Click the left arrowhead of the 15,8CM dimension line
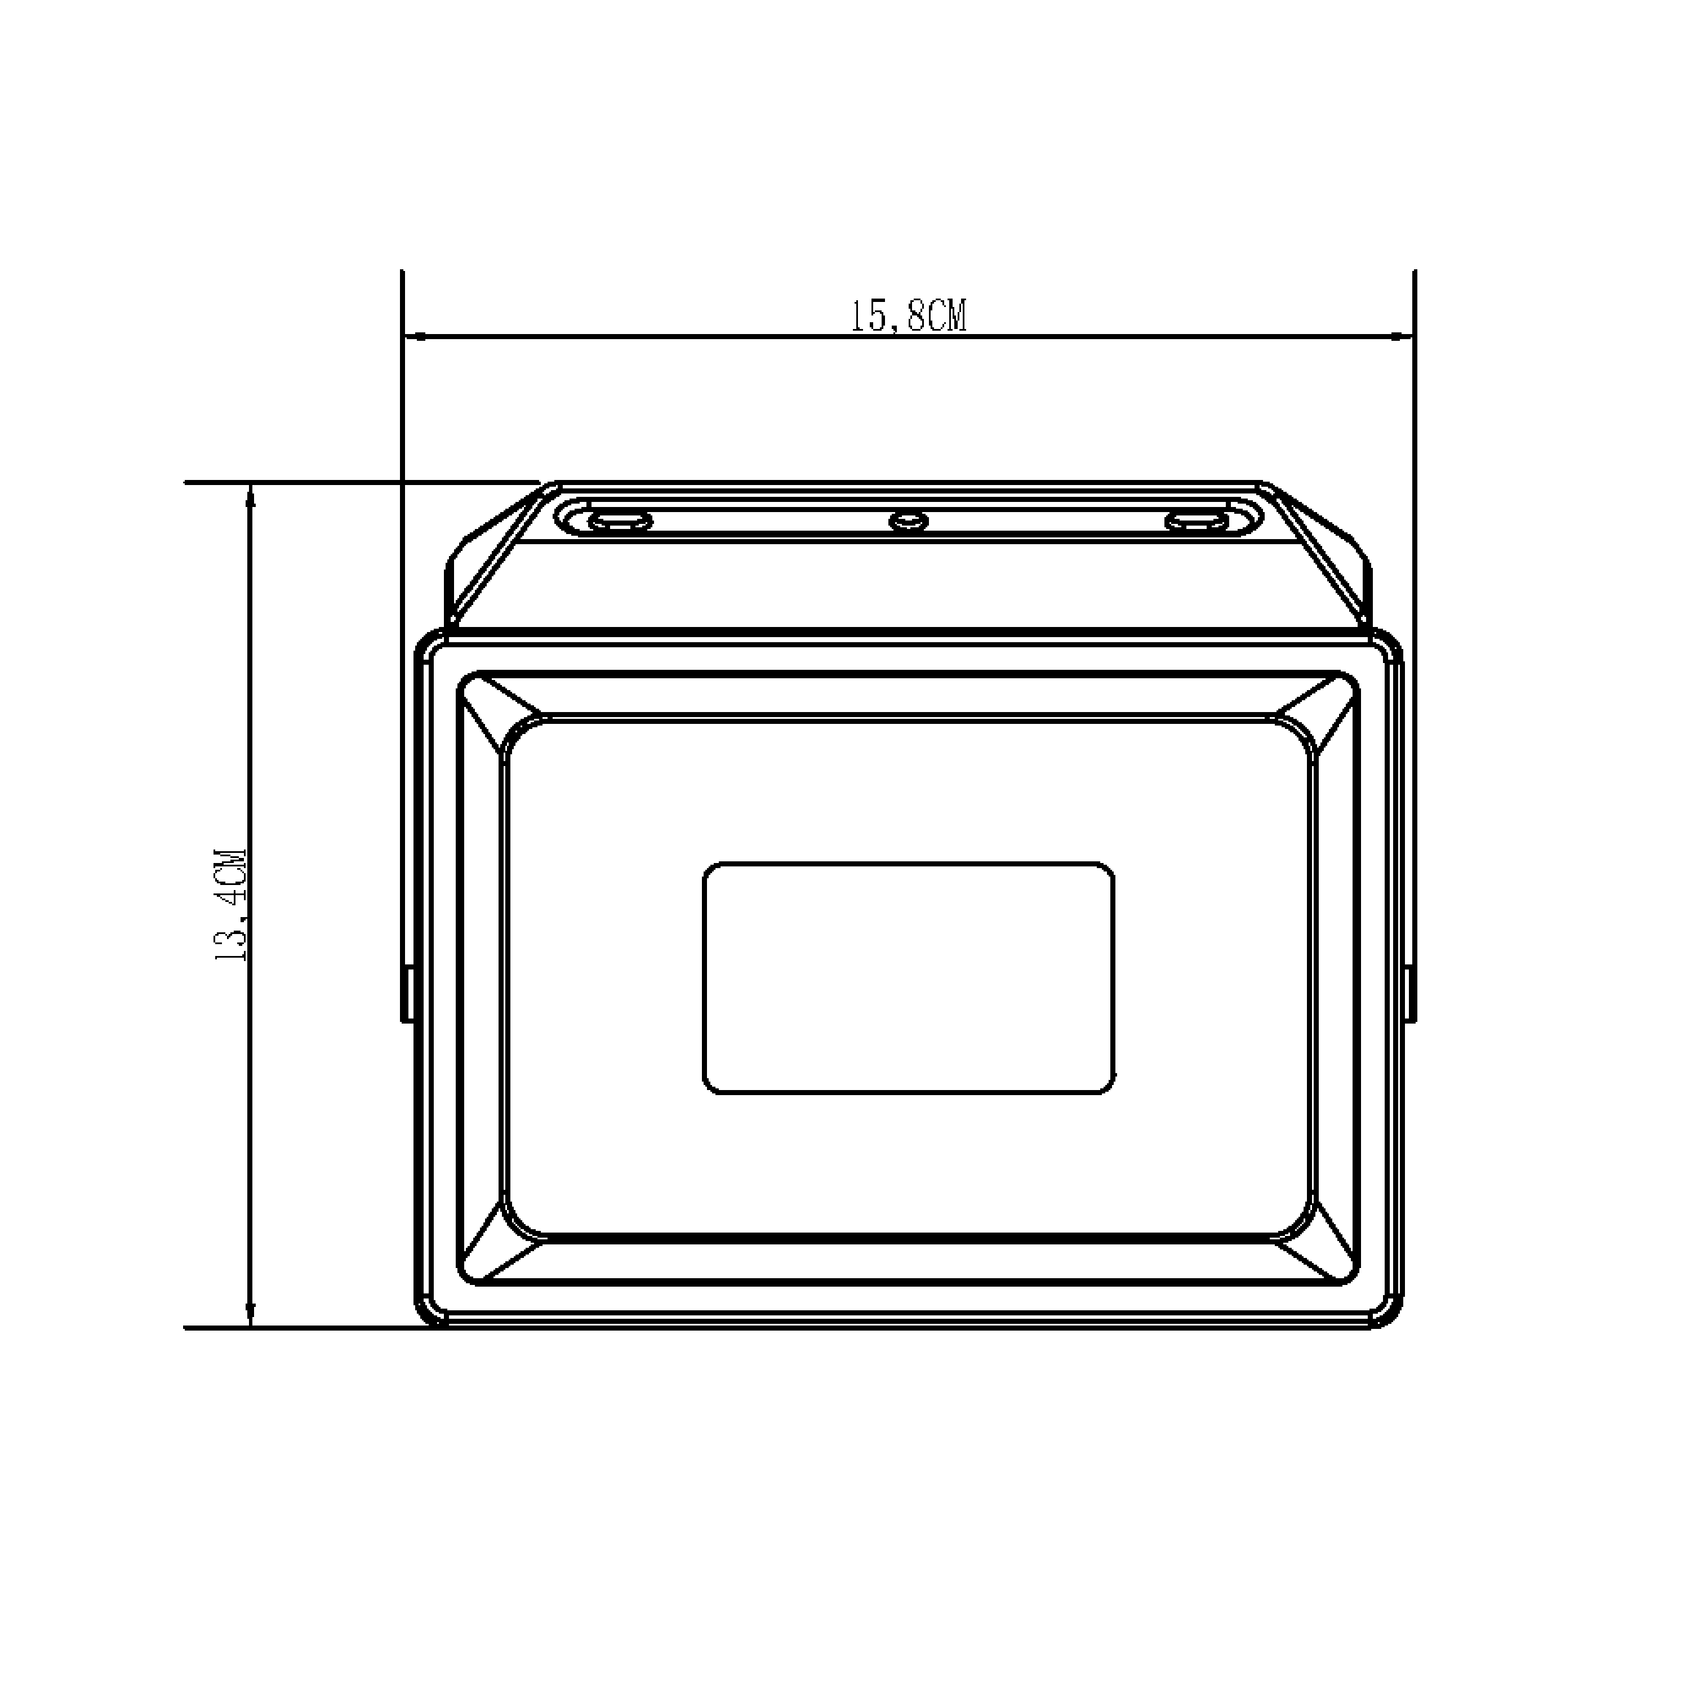415,335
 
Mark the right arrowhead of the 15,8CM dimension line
1402,335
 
